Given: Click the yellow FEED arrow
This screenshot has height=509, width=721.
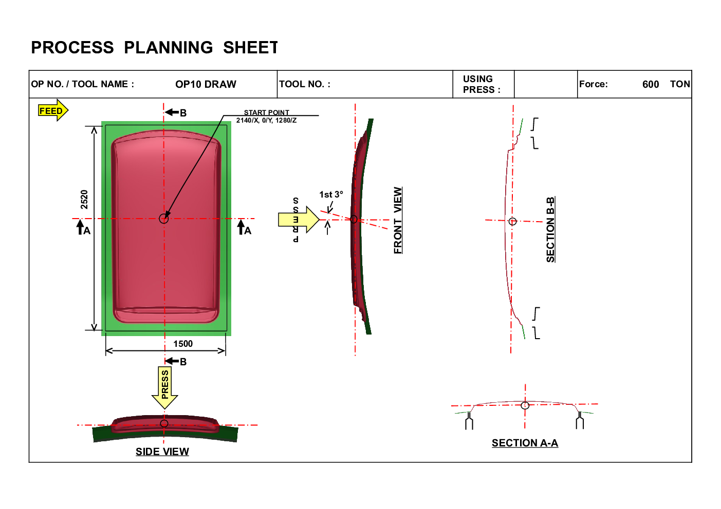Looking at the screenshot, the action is (53, 110).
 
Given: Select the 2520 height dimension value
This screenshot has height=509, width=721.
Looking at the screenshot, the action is (84, 199).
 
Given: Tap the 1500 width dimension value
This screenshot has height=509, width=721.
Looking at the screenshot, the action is (183, 344).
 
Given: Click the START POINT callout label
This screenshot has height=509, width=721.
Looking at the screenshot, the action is (266, 112).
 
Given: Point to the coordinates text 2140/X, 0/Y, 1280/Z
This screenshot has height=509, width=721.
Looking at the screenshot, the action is (266, 121).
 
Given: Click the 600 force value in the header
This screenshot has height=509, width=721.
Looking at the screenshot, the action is (651, 84).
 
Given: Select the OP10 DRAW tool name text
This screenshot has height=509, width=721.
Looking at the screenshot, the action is (206, 84).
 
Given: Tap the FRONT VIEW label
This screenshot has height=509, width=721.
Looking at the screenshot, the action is (398, 220).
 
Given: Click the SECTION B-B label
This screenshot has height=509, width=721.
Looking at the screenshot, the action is (551, 229).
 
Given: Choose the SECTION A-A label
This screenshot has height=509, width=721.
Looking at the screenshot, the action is (525, 443).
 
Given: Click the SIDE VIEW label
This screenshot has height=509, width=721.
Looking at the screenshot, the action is (162, 452).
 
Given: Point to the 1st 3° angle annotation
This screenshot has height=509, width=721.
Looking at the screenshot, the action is (331, 194).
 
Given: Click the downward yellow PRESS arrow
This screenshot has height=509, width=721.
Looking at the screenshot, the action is (165, 387).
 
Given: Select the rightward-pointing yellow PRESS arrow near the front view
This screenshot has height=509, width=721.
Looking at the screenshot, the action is (299, 220).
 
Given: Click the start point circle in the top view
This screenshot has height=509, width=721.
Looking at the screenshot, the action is (164, 219).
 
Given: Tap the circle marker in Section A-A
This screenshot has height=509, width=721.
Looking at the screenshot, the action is (525, 405).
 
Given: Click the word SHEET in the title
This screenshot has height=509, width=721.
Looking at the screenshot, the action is (250, 48).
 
